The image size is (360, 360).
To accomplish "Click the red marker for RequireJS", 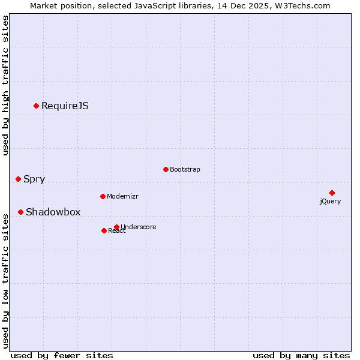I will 36,106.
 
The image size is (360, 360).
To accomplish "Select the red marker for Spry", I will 18,179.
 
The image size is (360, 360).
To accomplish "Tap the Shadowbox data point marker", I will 20,212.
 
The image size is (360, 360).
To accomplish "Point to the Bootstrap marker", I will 166,169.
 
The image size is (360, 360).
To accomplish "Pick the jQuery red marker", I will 332,193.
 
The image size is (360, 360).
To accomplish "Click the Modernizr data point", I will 103,196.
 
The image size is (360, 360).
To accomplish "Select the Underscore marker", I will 116,227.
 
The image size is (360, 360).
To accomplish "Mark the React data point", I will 104,230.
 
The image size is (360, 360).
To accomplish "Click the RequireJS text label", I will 65,106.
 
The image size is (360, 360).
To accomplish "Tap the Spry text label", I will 34,179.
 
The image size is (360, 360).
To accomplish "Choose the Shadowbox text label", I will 53,212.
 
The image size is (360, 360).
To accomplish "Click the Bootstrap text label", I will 185,170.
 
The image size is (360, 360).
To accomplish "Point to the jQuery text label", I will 330,202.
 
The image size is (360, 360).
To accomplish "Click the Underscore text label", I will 139,227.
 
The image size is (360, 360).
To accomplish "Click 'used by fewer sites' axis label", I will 62,355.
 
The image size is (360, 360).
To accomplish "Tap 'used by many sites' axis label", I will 301,355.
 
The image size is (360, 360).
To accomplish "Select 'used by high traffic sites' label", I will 6,86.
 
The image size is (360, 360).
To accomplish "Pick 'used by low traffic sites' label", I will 6,280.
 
